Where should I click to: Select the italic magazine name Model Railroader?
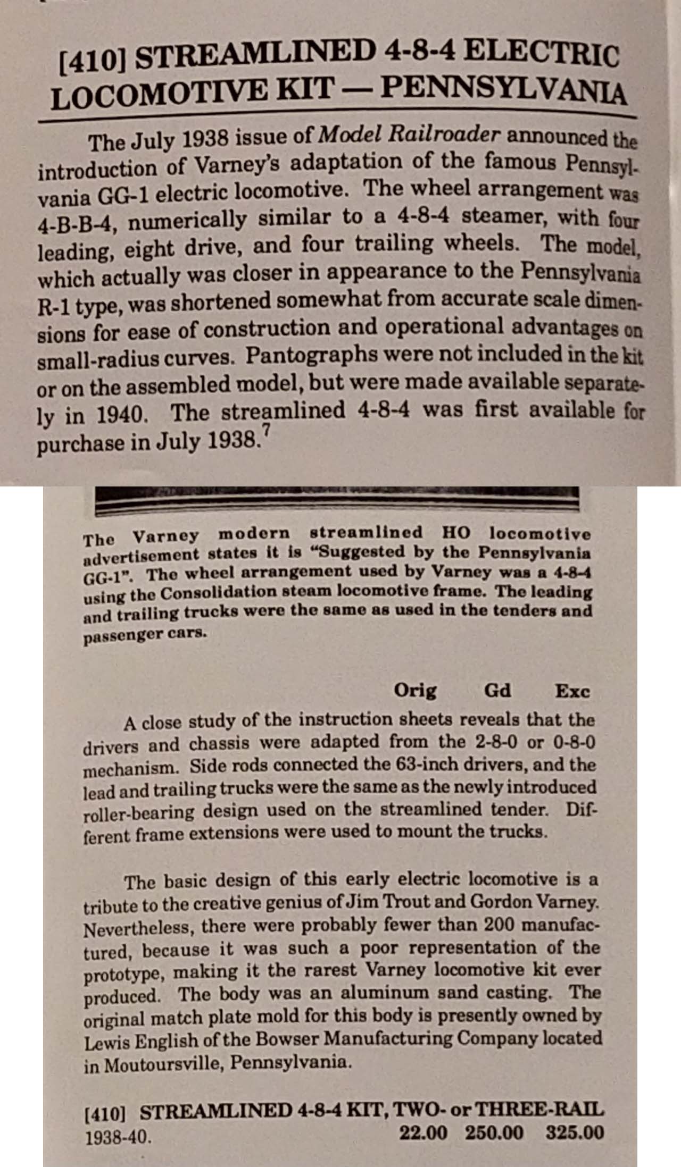click(x=409, y=136)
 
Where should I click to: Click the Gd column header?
click(x=497, y=691)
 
